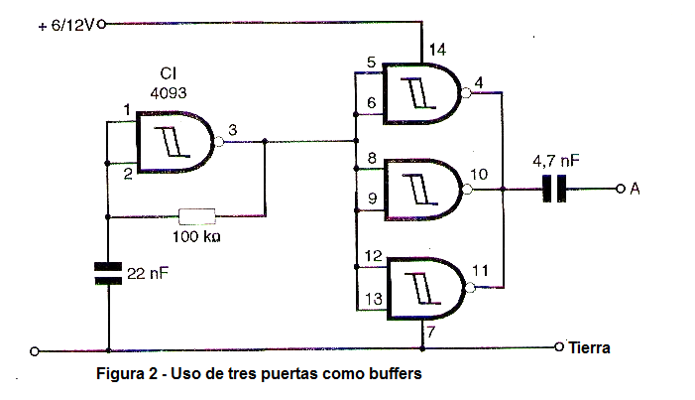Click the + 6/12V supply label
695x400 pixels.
click(63, 25)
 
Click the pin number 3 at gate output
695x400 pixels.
click(232, 130)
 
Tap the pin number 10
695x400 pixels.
click(480, 174)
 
